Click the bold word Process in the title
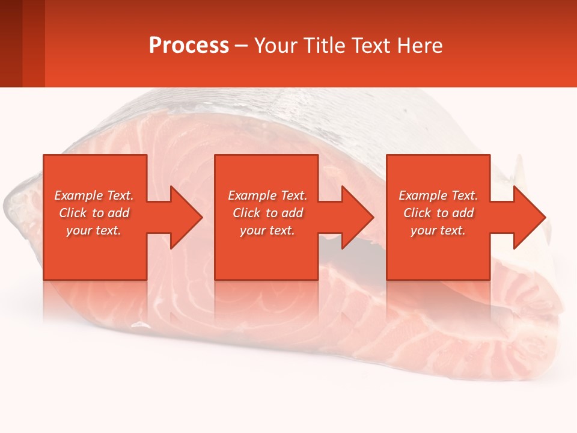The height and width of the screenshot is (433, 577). coord(189,46)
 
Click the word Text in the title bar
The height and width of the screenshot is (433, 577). coord(371,46)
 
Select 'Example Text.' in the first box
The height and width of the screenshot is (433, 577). coord(94,195)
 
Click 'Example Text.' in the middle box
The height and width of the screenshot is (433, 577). coord(267,195)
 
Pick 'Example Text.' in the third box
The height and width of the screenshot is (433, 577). coord(438,195)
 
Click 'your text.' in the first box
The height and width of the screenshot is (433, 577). coord(94,230)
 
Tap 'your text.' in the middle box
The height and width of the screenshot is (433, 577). coord(267,230)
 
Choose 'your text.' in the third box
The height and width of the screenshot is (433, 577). coord(438,230)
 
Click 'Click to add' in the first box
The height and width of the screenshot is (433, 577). coord(94,213)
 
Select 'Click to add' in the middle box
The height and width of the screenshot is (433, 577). coord(267,213)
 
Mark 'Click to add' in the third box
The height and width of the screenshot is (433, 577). coord(438,213)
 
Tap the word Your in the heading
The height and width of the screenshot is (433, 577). coord(275,46)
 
